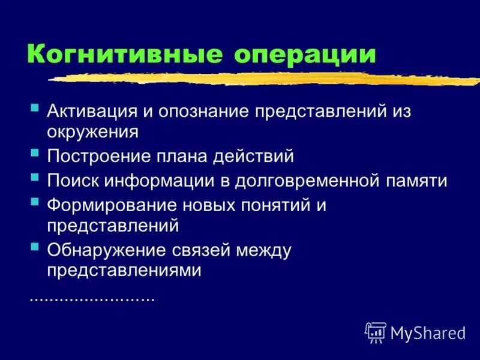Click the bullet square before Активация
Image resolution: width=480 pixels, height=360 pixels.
click(x=35, y=109)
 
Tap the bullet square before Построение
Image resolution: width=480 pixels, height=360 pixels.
click(x=35, y=153)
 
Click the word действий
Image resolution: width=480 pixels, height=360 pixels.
click(x=259, y=157)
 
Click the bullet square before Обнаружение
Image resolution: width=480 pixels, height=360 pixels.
click(x=35, y=247)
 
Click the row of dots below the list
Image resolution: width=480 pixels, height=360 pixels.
click(x=92, y=298)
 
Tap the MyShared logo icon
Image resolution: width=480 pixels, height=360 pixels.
click(x=376, y=332)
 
